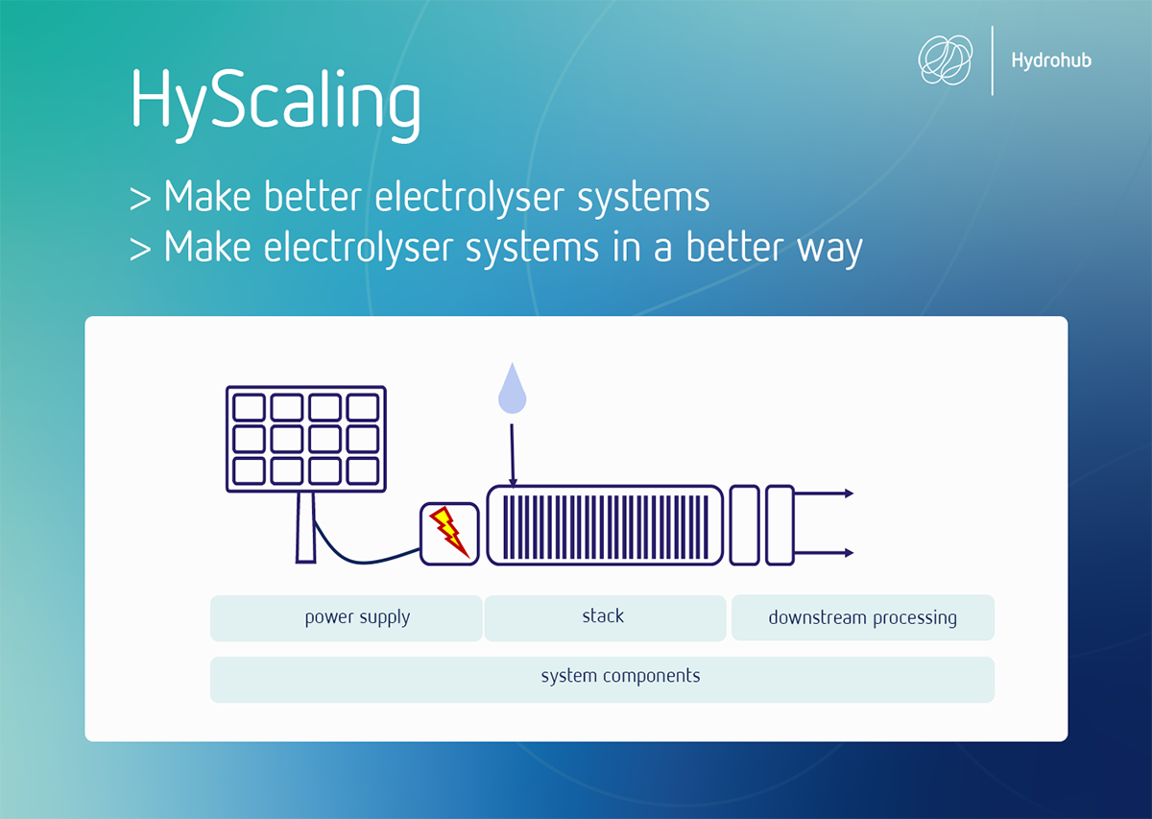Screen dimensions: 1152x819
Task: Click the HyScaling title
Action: (x=276, y=105)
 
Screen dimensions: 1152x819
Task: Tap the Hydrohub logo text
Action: (x=1051, y=60)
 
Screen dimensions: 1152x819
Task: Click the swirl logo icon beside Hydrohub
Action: (x=946, y=60)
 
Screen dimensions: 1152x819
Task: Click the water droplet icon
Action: (x=512, y=389)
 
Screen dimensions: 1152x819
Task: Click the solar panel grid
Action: (x=306, y=439)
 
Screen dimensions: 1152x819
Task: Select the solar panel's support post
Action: (x=305, y=527)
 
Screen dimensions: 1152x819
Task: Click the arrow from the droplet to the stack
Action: (x=513, y=455)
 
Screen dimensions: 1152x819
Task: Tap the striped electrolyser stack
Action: (x=606, y=526)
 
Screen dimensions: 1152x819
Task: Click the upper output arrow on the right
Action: (x=824, y=494)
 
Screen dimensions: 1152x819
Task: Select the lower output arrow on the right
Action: (x=824, y=553)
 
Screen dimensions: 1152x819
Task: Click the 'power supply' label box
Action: (x=347, y=618)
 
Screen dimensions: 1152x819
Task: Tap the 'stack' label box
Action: (x=606, y=618)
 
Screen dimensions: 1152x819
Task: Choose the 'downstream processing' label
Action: (x=863, y=618)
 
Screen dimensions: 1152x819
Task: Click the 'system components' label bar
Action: (x=602, y=680)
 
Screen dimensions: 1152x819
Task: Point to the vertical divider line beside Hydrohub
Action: (x=993, y=60)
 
